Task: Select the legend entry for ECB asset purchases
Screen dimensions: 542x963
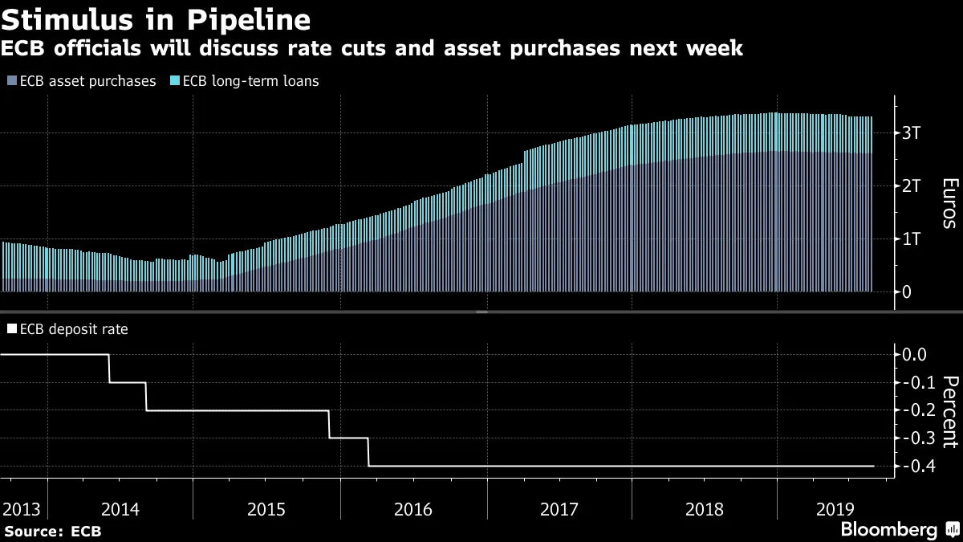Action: pos(81,81)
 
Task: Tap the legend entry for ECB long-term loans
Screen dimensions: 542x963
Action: pos(245,81)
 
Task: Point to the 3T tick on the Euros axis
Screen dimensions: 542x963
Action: pos(912,133)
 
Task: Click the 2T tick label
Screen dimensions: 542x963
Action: pos(912,186)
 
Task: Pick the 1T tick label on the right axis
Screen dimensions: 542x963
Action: pos(912,239)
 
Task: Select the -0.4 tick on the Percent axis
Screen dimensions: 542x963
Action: pos(914,466)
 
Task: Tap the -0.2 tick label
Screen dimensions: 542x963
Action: pos(914,410)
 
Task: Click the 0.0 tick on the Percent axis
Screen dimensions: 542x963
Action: pos(916,354)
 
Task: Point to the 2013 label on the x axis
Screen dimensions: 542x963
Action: pos(22,509)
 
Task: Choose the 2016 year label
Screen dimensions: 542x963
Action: pos(412,509)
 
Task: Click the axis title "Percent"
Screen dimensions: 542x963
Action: pos(949,410)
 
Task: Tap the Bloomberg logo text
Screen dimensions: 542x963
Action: pos(888,530)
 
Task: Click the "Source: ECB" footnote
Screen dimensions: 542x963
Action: pos(53,531)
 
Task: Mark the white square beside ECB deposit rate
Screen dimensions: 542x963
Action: pos(11,328)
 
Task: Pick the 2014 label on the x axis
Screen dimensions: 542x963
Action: pos(120,509)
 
